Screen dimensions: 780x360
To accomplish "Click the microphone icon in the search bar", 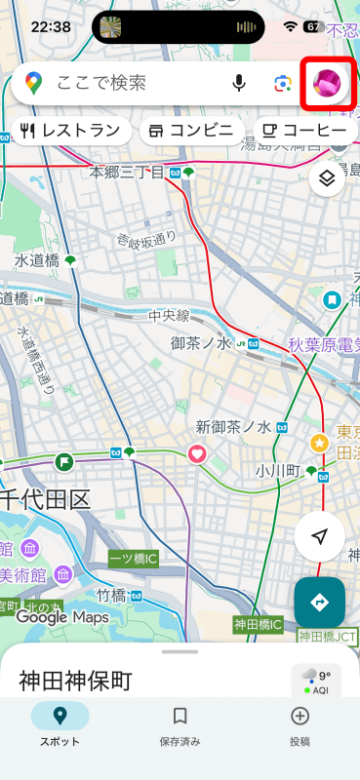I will (239, 83).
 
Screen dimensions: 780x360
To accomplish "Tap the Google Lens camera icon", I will (283, 83).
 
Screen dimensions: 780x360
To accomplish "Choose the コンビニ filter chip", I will (191, 131).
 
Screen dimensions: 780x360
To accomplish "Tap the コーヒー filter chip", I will (304, 131).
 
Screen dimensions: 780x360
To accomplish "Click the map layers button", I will (327, 178).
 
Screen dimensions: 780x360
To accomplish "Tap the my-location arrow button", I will (319, 537).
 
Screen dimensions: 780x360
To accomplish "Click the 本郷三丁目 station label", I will (129, 173).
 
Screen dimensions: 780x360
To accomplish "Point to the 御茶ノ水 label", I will (200, 343).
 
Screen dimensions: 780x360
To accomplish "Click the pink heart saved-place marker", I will (196, 453).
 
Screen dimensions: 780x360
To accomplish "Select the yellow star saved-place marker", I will (318, 444).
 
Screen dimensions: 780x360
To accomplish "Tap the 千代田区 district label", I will (46, 501).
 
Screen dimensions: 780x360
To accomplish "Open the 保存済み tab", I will (180, 726).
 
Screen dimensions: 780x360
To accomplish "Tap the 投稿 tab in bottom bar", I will (300, 726).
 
